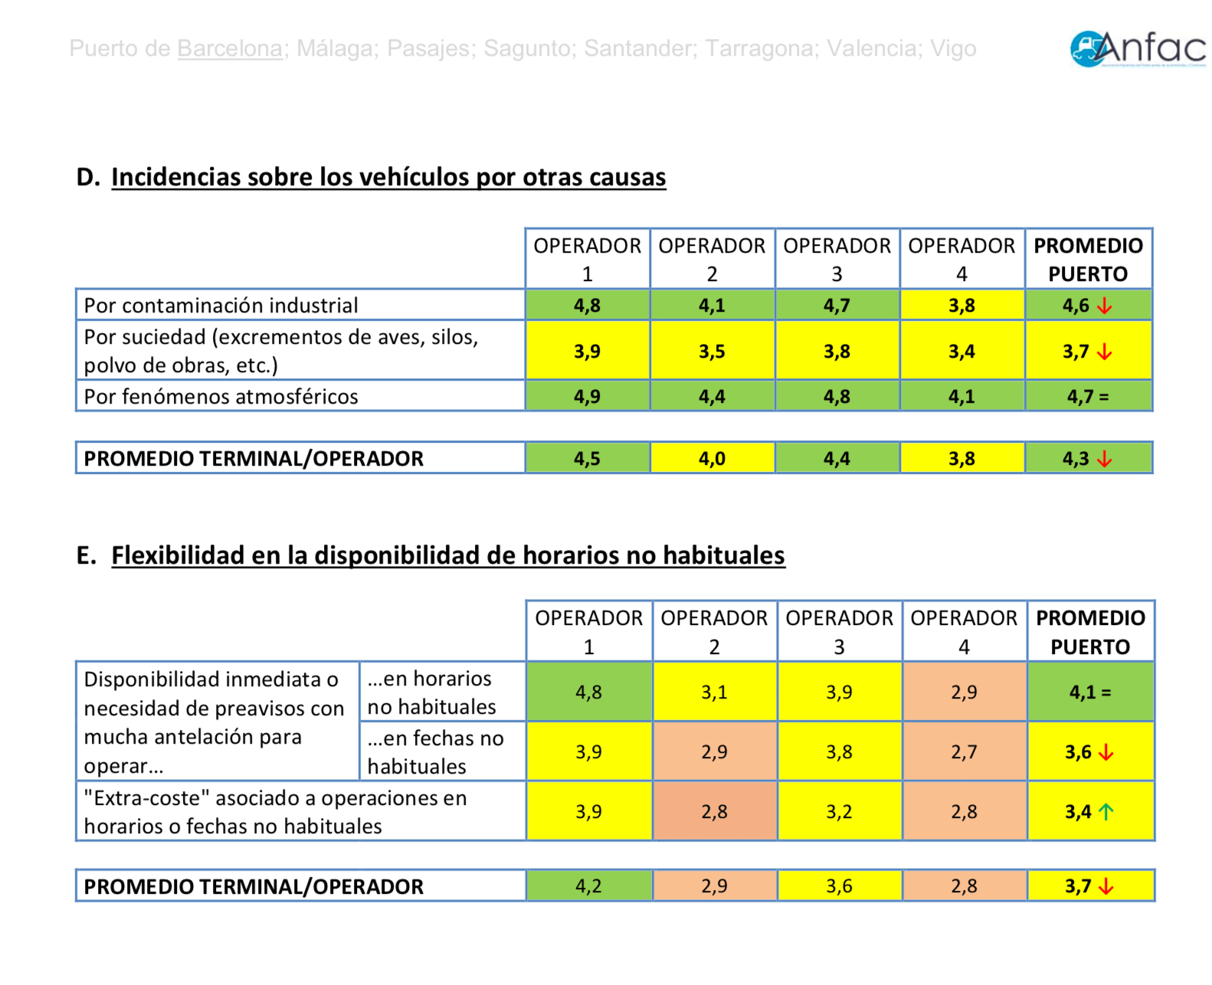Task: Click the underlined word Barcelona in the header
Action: [x=230, y=49]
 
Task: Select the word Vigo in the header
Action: [x=953, y=49]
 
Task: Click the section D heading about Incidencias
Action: [x=388, y=177]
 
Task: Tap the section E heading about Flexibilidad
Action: [x=448, y=555]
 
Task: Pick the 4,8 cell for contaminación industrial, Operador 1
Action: [x=587, y=306]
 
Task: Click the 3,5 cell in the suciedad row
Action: [x=712, y=352]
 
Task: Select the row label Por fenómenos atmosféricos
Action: [x=221, y=397]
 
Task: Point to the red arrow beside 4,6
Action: [x=1104, y=306]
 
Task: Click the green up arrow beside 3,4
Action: [x=1106, y=812]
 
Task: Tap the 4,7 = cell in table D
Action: [x=1088, y=397]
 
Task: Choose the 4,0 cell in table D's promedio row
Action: [x=712, y=459]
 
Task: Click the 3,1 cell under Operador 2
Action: [x=714, y=692]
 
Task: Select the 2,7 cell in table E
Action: [x=964, y=752]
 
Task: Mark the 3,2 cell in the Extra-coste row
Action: [x=839, y=812]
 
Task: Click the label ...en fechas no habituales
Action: [x=435, y=752]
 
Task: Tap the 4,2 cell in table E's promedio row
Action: [x=588, y=886]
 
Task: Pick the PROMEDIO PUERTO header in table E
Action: [x=1090, y=632]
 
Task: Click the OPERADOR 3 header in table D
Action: [x=837, y=259]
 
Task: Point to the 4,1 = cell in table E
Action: [x=1089, y=692]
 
